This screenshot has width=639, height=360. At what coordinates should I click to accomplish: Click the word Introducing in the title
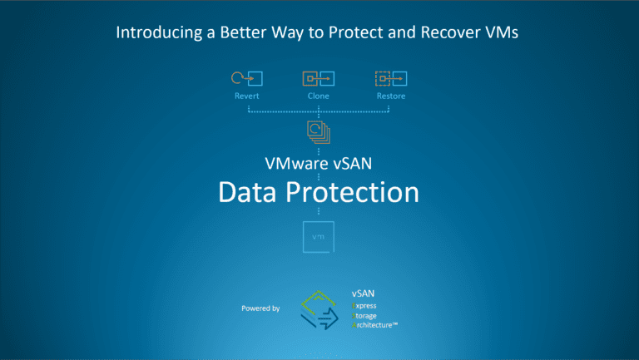click(x=154, y=34)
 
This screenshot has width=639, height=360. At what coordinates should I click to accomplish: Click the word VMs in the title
click(x=506, y=34)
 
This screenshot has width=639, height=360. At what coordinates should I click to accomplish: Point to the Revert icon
click(x=247, y=78)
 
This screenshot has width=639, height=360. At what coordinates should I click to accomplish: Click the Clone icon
click(x=318, y=78)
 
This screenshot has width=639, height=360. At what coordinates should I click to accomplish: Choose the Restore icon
click(x=390, y=78)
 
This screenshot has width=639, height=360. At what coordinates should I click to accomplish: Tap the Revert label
click(x=247, y=96)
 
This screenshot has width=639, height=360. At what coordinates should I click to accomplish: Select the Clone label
click(x=318, y=96)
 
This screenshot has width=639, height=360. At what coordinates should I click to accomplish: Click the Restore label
click(x=390, y=96)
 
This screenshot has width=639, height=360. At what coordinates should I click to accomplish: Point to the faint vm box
click(x=319, y=237)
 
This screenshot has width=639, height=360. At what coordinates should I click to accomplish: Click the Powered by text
click(x=260, y=308)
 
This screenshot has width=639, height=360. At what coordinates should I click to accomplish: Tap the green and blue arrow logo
click(x=320, y=308)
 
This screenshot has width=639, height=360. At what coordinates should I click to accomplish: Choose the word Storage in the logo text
click(x=367, y=316)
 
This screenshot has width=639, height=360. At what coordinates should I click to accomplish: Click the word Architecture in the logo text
click(x=375, y=326)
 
